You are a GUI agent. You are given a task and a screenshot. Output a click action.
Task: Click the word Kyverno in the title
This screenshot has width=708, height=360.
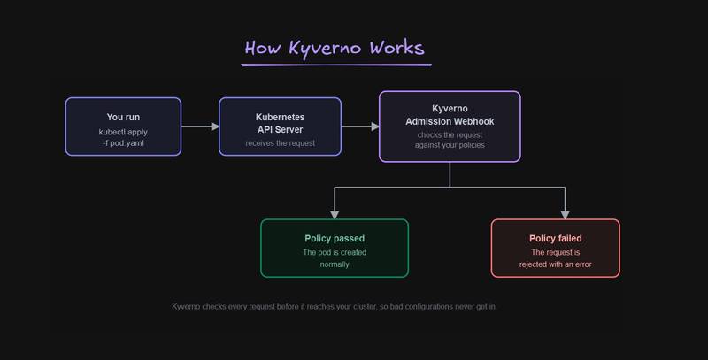coord(325,49)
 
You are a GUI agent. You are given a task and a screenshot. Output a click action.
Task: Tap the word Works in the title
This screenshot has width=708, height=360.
coord(396,48)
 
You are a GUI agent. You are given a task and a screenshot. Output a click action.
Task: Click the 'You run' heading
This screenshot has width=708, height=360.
coord(123,117)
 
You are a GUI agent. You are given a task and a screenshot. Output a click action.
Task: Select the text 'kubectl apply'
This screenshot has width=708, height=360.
coord(123,132)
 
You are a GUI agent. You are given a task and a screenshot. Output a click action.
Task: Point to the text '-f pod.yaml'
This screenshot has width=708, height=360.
coord(123,143)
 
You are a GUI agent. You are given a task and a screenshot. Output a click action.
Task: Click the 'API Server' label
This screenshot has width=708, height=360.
coord(280,129)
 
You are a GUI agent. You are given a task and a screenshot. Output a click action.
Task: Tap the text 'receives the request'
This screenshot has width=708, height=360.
coord(281,143)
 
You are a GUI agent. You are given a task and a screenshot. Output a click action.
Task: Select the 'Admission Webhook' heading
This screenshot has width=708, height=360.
coord(450,121)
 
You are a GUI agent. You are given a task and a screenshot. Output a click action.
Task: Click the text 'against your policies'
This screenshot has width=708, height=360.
coord(450,145)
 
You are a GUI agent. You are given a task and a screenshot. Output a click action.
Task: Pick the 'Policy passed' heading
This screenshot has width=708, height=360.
coord(335,238)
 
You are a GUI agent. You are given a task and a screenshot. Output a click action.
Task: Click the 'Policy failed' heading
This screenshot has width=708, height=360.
coord(556,238)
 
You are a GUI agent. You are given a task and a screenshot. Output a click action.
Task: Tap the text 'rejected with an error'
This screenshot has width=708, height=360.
coord(556,264)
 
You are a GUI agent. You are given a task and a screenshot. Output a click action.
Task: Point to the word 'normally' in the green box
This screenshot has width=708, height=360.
coord(335,264)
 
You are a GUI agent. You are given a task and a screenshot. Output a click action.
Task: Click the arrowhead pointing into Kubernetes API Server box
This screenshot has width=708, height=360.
coord(215,126)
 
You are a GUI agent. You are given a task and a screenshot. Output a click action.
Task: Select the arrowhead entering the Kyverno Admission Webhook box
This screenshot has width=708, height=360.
coord(375,126)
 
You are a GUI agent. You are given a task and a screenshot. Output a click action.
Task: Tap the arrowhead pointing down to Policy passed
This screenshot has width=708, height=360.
coord(335,215)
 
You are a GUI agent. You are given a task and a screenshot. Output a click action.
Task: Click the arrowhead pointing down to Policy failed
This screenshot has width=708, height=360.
coord(565,215)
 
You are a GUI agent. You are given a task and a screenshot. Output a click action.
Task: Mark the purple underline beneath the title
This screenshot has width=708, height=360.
coord(336,65)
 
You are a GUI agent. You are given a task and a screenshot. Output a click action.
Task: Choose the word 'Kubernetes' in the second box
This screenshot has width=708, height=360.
coord(280,117)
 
